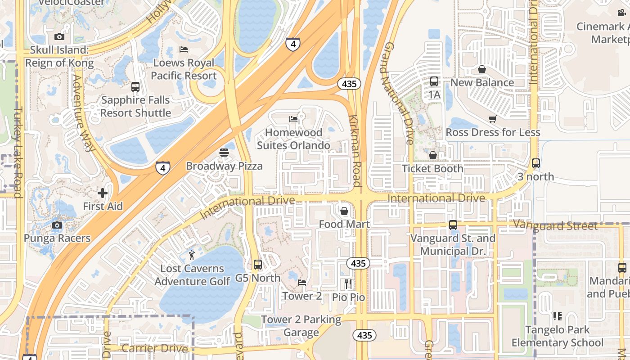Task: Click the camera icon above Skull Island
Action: (x=59, y=37)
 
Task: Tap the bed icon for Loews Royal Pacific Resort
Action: (x=184, y=49)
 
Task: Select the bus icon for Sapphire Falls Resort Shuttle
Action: (x=135, y=87)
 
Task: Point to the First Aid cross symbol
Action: (x=103, y=193)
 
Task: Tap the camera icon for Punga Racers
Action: (x=57, y=225)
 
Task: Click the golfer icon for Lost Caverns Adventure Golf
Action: (x=192, y=255)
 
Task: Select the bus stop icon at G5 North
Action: (x=258, y=265)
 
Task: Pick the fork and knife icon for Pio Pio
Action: (x=348, y=283)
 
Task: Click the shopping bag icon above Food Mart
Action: (x=344, y=211)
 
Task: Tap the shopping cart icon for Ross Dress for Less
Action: (x=493, y=119)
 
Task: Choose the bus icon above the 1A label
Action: (x=434, y=81)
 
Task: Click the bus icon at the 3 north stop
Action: (x=535, y=163)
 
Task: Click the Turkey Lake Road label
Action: (x=18, y=152)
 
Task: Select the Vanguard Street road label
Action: (x=555, y=225)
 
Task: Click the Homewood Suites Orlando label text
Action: (x=293, y=139)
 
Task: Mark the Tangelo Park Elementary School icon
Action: (x=558, y=316)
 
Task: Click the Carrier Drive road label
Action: (x=154, y=348)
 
